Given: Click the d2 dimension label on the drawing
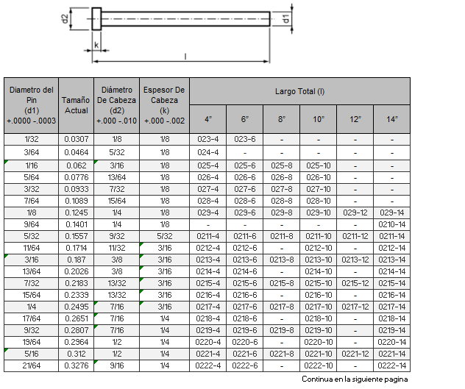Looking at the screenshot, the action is [x=65, y=19].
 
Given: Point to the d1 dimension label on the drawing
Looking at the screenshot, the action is [x=286, y=18].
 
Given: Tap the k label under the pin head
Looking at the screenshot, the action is [x=96, y=45].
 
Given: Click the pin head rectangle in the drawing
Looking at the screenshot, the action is [x=96, y=19].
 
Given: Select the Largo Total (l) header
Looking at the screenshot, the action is [x=299, y=91].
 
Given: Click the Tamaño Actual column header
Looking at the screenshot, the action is [x=76, y=105].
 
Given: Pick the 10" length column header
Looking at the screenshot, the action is [x=318, y=119].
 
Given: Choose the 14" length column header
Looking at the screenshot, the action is [x=391, y=119].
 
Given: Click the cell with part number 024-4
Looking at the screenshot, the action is [x=208, y=152].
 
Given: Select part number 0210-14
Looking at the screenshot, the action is [x=391, y=224].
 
